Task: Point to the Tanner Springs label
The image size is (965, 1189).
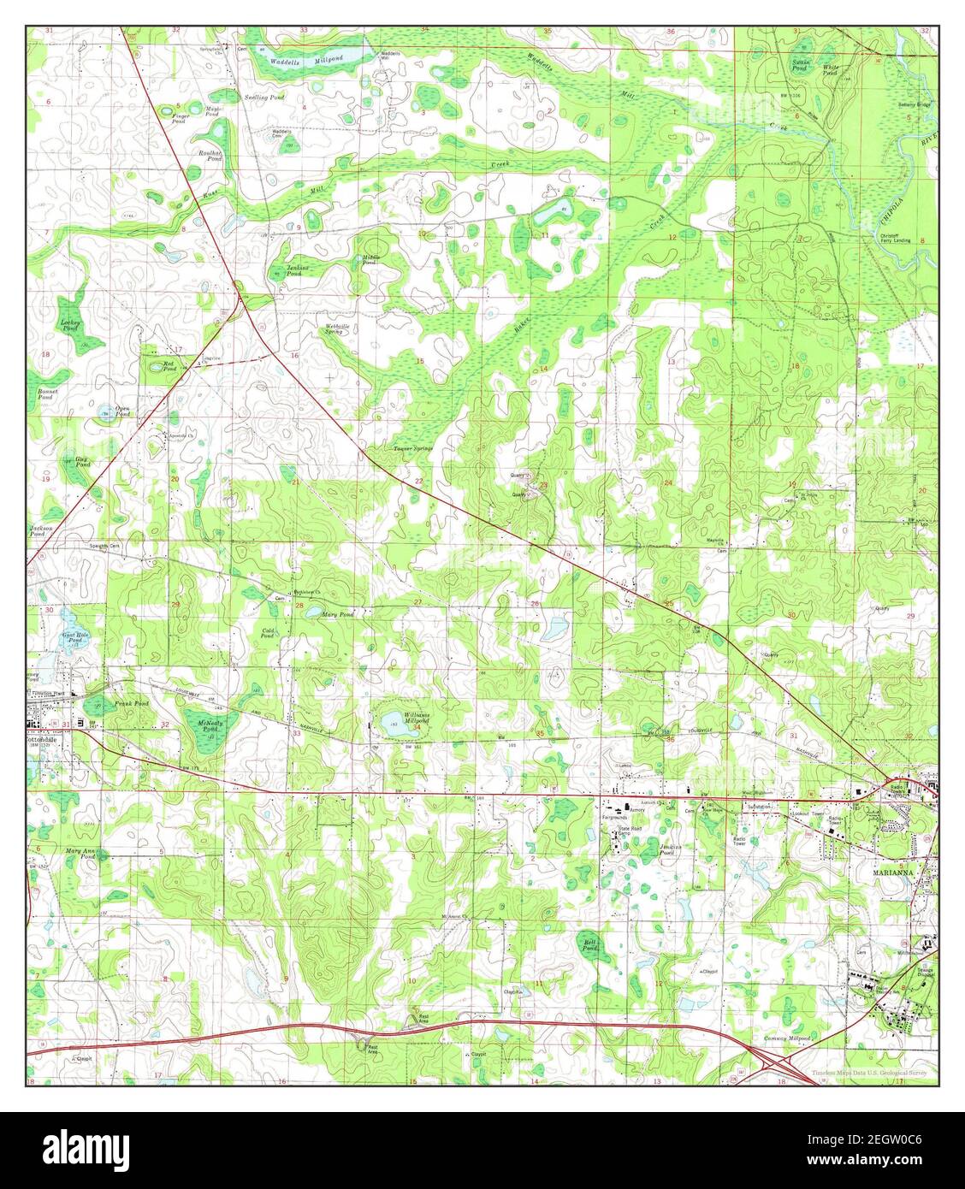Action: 413,448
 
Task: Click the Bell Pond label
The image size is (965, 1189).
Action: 589,946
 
